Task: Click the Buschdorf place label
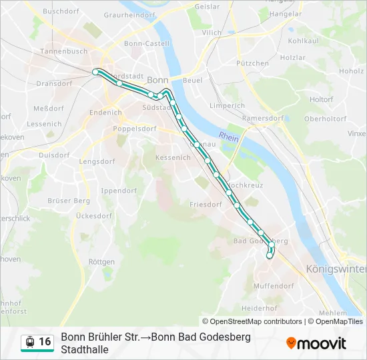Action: [61, 11]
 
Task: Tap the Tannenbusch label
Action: [64, 51]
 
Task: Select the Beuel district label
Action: [192, 81]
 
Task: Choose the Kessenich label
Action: [173, 158]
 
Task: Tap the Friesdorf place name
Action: [206, 205]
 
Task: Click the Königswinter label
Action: [336, 269]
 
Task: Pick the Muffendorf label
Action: [274, 286]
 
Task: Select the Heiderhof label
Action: [259, 309]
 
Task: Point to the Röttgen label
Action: [101, 262]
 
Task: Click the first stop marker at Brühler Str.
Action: [95, 71]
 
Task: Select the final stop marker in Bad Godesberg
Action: [270, 255]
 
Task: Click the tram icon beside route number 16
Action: [29, 342]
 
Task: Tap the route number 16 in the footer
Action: [45, 342]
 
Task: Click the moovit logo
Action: [316, 343]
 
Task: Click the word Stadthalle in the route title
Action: [85, 349]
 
